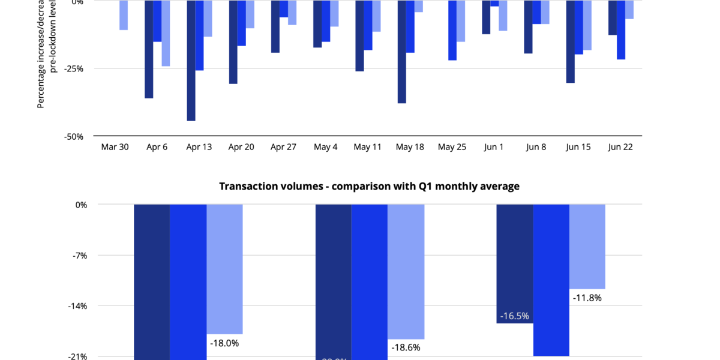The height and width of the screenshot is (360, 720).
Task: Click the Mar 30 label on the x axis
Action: pos(115,147)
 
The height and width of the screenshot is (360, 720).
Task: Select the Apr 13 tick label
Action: pos(199,147)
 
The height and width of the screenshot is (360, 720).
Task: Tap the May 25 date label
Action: pos(452,147)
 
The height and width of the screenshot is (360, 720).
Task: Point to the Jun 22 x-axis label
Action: pos(621,147)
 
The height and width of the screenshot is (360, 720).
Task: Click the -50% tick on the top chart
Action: pos(73,136)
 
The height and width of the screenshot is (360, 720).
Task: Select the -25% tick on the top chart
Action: pos(73,69)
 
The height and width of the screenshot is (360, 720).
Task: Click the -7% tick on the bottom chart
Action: pos(79,256)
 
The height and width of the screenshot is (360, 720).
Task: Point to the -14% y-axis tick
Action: pos(77,306)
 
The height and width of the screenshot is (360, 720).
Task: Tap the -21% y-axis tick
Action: pos(77,356)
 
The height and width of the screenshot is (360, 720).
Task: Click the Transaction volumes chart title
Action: pos(369,187)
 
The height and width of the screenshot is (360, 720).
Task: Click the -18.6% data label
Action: pos(406,347)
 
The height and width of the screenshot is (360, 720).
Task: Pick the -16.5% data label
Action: pos(514,316)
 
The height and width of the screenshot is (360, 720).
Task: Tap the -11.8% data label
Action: pos(587,297)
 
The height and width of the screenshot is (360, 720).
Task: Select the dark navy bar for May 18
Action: pos(401,52)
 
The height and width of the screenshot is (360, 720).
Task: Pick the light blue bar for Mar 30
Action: pos(123,16)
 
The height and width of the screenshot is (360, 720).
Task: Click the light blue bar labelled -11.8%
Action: pos(587,246)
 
